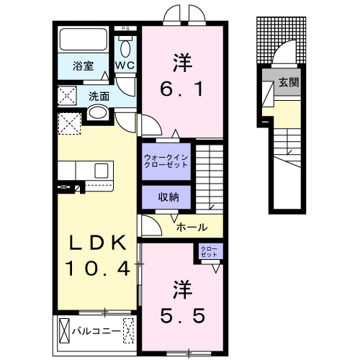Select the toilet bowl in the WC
click(x=127, y=48)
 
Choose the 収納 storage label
click(x=165, y=197)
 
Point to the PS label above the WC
click(x=127, y=30)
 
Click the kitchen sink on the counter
click(x=101, y=170)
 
